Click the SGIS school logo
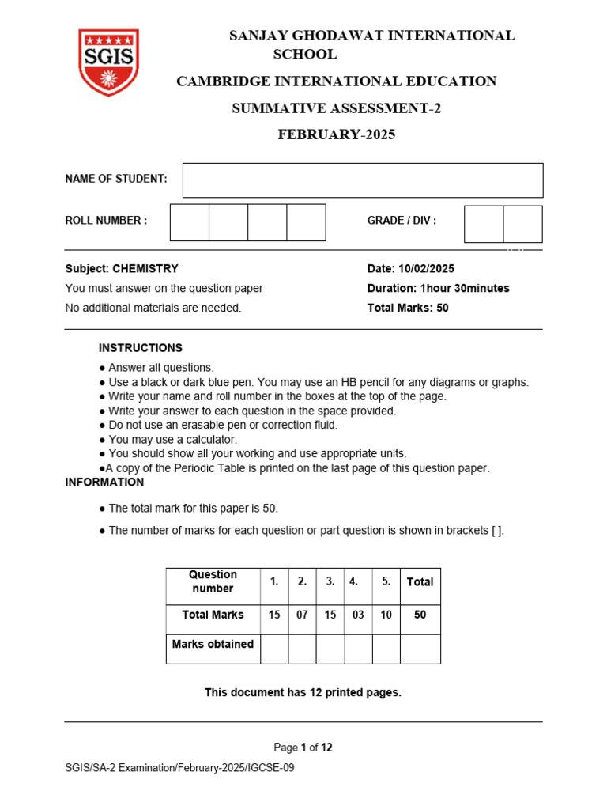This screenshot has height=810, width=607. coord(108,62)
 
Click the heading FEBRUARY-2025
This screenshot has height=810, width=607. coord(336,134)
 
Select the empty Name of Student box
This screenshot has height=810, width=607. coord(363,180)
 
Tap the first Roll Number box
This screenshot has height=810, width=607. coord(190,222)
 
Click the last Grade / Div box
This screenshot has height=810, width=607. coord(522,224)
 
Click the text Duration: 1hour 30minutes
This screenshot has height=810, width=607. coord(438,288)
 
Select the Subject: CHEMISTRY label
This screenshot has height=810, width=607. coord(122,269)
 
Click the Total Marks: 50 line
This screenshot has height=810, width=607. coord(408,308)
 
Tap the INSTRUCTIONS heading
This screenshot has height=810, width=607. coord(140,348)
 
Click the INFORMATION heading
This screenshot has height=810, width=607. coord(104,483)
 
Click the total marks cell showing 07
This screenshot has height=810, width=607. coord(302,615)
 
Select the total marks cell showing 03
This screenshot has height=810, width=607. coord(358,615)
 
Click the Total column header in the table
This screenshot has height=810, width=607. coord(420,582)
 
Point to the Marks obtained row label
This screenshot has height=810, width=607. coord(213,645)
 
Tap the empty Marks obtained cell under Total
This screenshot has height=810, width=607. coord(420,649)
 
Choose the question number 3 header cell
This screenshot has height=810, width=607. coord(330,581)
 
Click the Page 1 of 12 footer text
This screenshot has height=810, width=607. coord(303,748)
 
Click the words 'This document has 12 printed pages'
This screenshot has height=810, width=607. coord(303,693)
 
